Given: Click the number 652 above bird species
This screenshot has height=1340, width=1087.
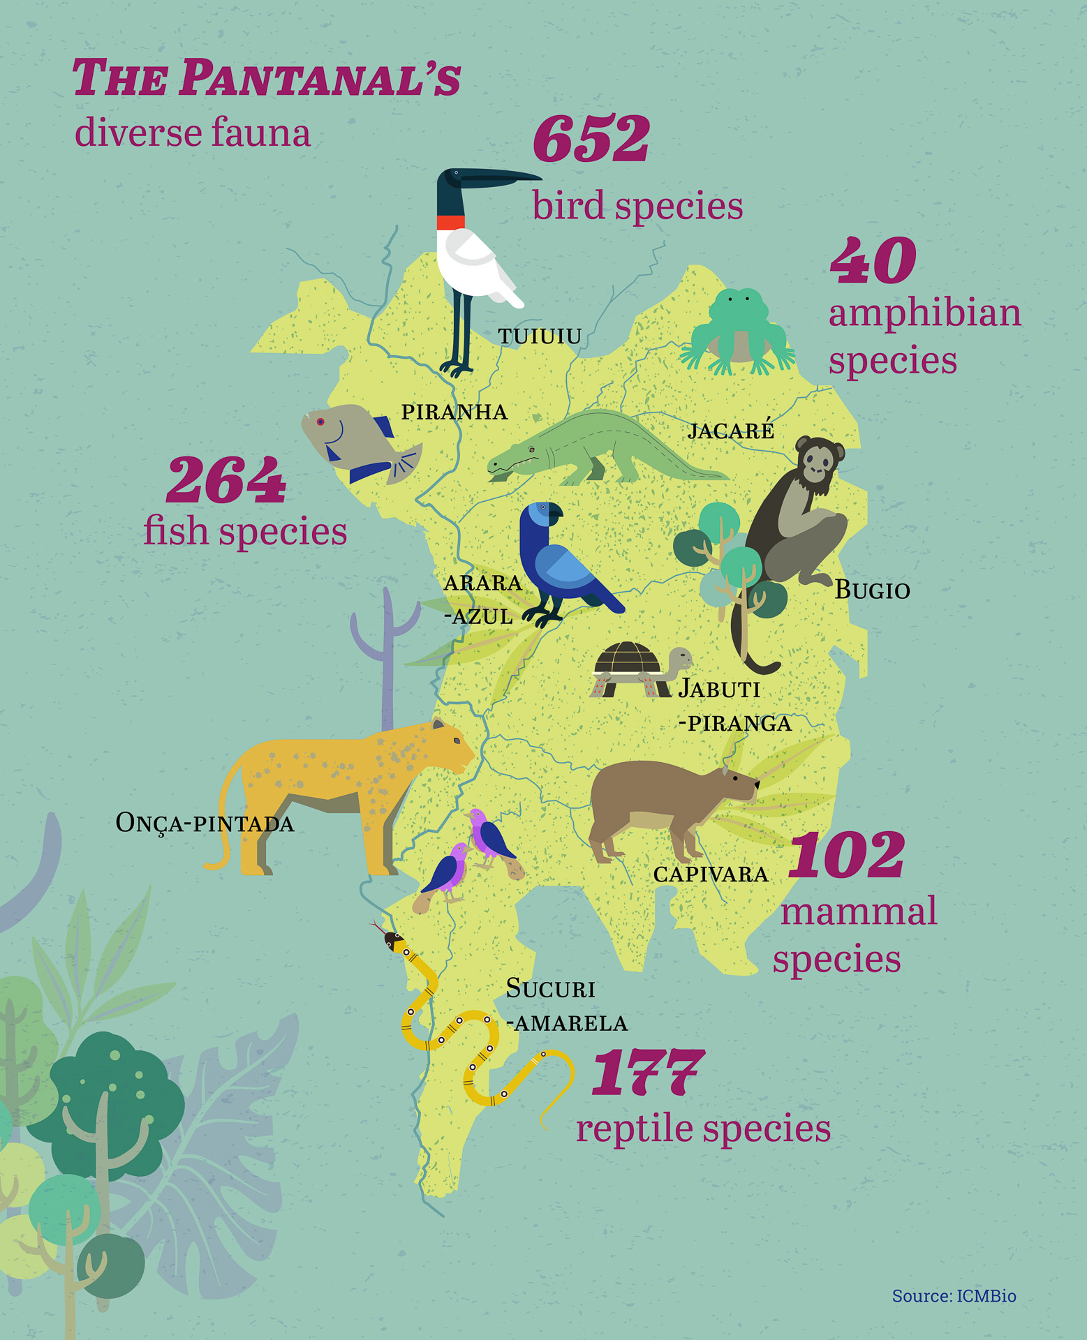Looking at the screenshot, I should [591, 139].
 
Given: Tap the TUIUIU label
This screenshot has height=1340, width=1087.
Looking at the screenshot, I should [540, 336].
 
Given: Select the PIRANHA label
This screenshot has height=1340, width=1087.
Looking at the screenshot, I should [454, 412].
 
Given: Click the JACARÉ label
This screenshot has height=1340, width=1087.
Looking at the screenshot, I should [731, 430].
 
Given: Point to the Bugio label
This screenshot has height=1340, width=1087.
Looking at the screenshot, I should [873, 590].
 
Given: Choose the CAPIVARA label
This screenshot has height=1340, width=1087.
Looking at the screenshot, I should [711, 874].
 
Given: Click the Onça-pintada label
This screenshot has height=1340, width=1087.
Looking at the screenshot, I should [205, 824].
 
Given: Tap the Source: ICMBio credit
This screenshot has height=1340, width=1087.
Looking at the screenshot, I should [954, 1296].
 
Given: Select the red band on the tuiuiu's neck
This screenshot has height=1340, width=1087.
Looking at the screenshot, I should [450, 223].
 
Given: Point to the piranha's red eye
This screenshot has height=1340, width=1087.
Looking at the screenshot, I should [320, 422].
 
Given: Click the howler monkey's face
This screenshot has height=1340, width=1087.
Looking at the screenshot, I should [819, 461].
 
